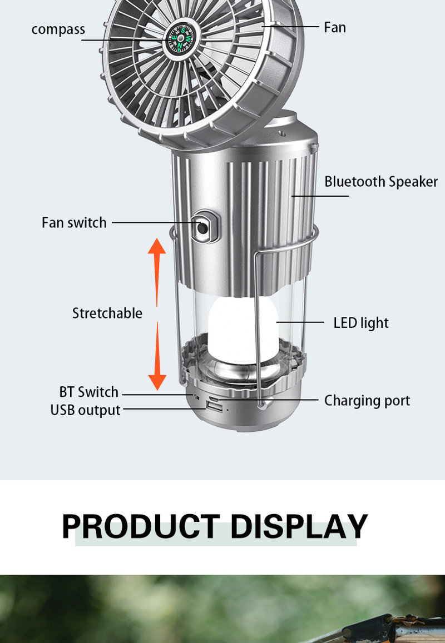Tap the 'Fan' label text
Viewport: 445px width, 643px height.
pos(334,27)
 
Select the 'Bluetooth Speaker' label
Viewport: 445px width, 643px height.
pos(381,181)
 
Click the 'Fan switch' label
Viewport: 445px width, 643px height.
pos(74,223)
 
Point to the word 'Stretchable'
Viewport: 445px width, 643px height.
pos(107,313)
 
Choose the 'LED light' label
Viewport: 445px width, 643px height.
pos(361,323)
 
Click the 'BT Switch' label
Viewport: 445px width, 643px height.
pos(88,392)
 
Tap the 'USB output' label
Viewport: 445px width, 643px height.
pos(86,410)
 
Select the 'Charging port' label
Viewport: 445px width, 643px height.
pos(367,401)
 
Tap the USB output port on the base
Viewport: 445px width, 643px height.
pos(214,407)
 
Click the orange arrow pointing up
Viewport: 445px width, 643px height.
pos(157,272)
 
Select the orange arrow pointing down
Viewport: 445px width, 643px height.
pos(157,356)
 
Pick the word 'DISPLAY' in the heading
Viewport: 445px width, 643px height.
pos(299,526)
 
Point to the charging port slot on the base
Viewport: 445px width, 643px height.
pos(214,398)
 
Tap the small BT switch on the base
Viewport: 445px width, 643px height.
pos(196,397)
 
